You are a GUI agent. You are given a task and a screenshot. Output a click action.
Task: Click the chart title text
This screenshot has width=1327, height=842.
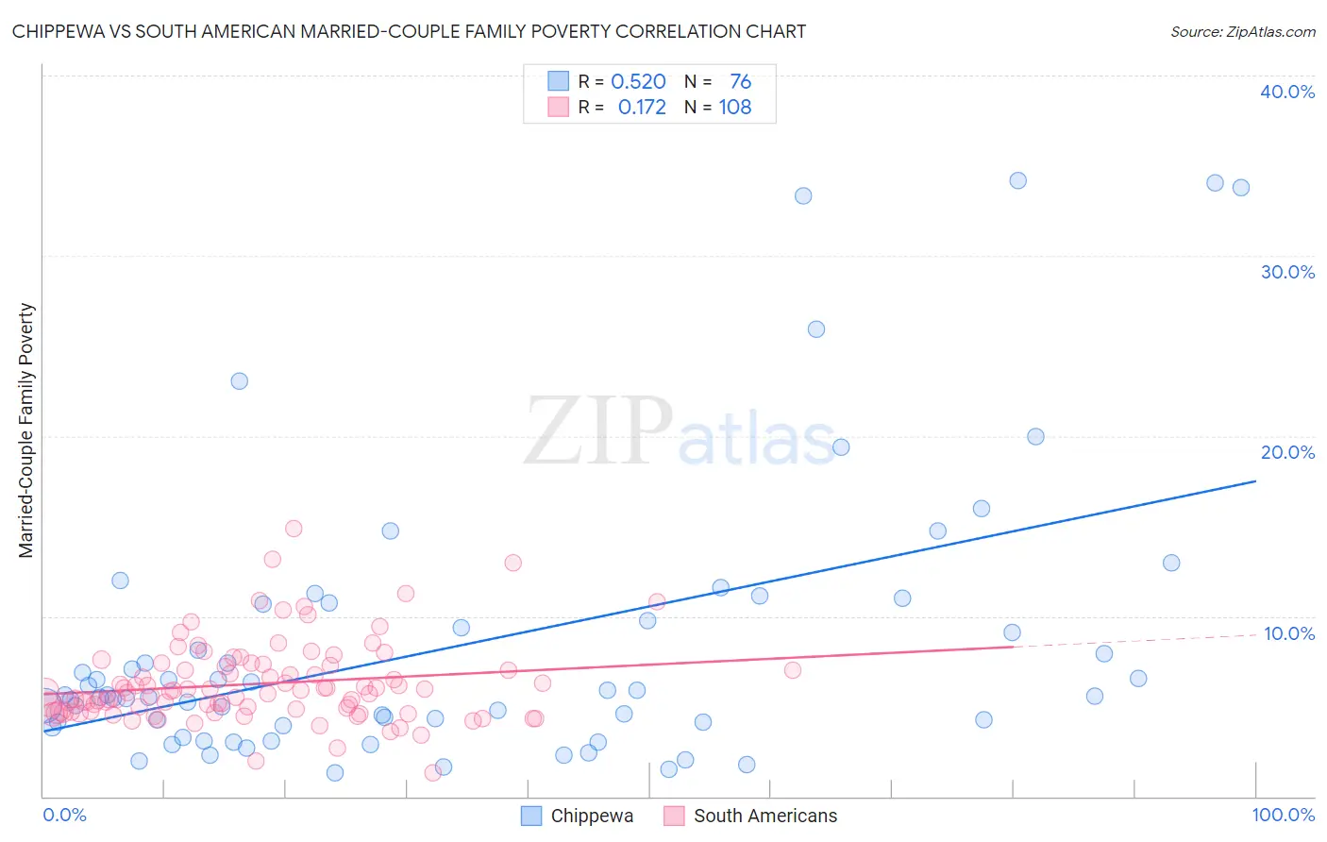click(x=409, y=31)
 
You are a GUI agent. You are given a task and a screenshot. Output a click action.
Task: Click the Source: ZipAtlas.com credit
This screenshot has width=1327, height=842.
click(x=1242, y=31)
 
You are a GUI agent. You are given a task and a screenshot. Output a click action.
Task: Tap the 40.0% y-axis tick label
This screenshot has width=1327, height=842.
click(x=1287, y=92)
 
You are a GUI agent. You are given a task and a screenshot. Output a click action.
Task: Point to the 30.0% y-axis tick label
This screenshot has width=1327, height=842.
click(x=1287, y=272)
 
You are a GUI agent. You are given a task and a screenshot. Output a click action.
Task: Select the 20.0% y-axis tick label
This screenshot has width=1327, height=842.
click(x=1287, y=452)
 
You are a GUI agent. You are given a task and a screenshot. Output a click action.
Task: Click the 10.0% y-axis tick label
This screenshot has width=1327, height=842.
click(x=1289, y=633)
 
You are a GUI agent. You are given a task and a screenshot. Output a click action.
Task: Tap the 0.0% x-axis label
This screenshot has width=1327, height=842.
click(x=64, y=815)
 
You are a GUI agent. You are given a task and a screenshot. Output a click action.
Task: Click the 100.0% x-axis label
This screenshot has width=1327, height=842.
click(x=1283, y=815)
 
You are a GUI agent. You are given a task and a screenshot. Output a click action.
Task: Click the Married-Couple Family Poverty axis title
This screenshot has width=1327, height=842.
click(x=26, y=430)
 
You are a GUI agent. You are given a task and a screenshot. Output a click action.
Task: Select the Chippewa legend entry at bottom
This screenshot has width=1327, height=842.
click(x=578, y=816)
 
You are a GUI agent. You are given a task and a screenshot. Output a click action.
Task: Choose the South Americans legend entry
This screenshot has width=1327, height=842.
click(x=750, y=816)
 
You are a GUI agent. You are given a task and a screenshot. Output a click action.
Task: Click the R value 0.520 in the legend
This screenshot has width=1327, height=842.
click(x=638, y=82)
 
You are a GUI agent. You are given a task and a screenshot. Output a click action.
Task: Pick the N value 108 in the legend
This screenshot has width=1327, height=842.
click(x=735, y=108)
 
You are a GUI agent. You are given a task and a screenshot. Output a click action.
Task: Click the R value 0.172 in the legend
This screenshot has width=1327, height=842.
click(x=642, y=108)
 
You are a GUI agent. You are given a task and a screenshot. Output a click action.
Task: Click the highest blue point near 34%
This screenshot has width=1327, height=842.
click(x=1017, y=180)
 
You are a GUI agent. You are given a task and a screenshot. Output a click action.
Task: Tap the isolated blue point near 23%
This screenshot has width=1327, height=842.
click(x=240, y=381)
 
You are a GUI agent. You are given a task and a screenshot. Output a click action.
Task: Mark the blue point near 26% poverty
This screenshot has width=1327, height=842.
click(x=816, y=329)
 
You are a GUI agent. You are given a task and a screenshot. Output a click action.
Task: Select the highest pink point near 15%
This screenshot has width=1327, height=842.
click(x=294, y=529)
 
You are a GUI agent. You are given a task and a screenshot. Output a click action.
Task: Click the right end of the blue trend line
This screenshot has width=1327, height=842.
click(x=1255, y=481)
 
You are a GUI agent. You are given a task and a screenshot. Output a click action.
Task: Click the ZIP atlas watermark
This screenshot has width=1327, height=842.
click(x=680, y=432)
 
